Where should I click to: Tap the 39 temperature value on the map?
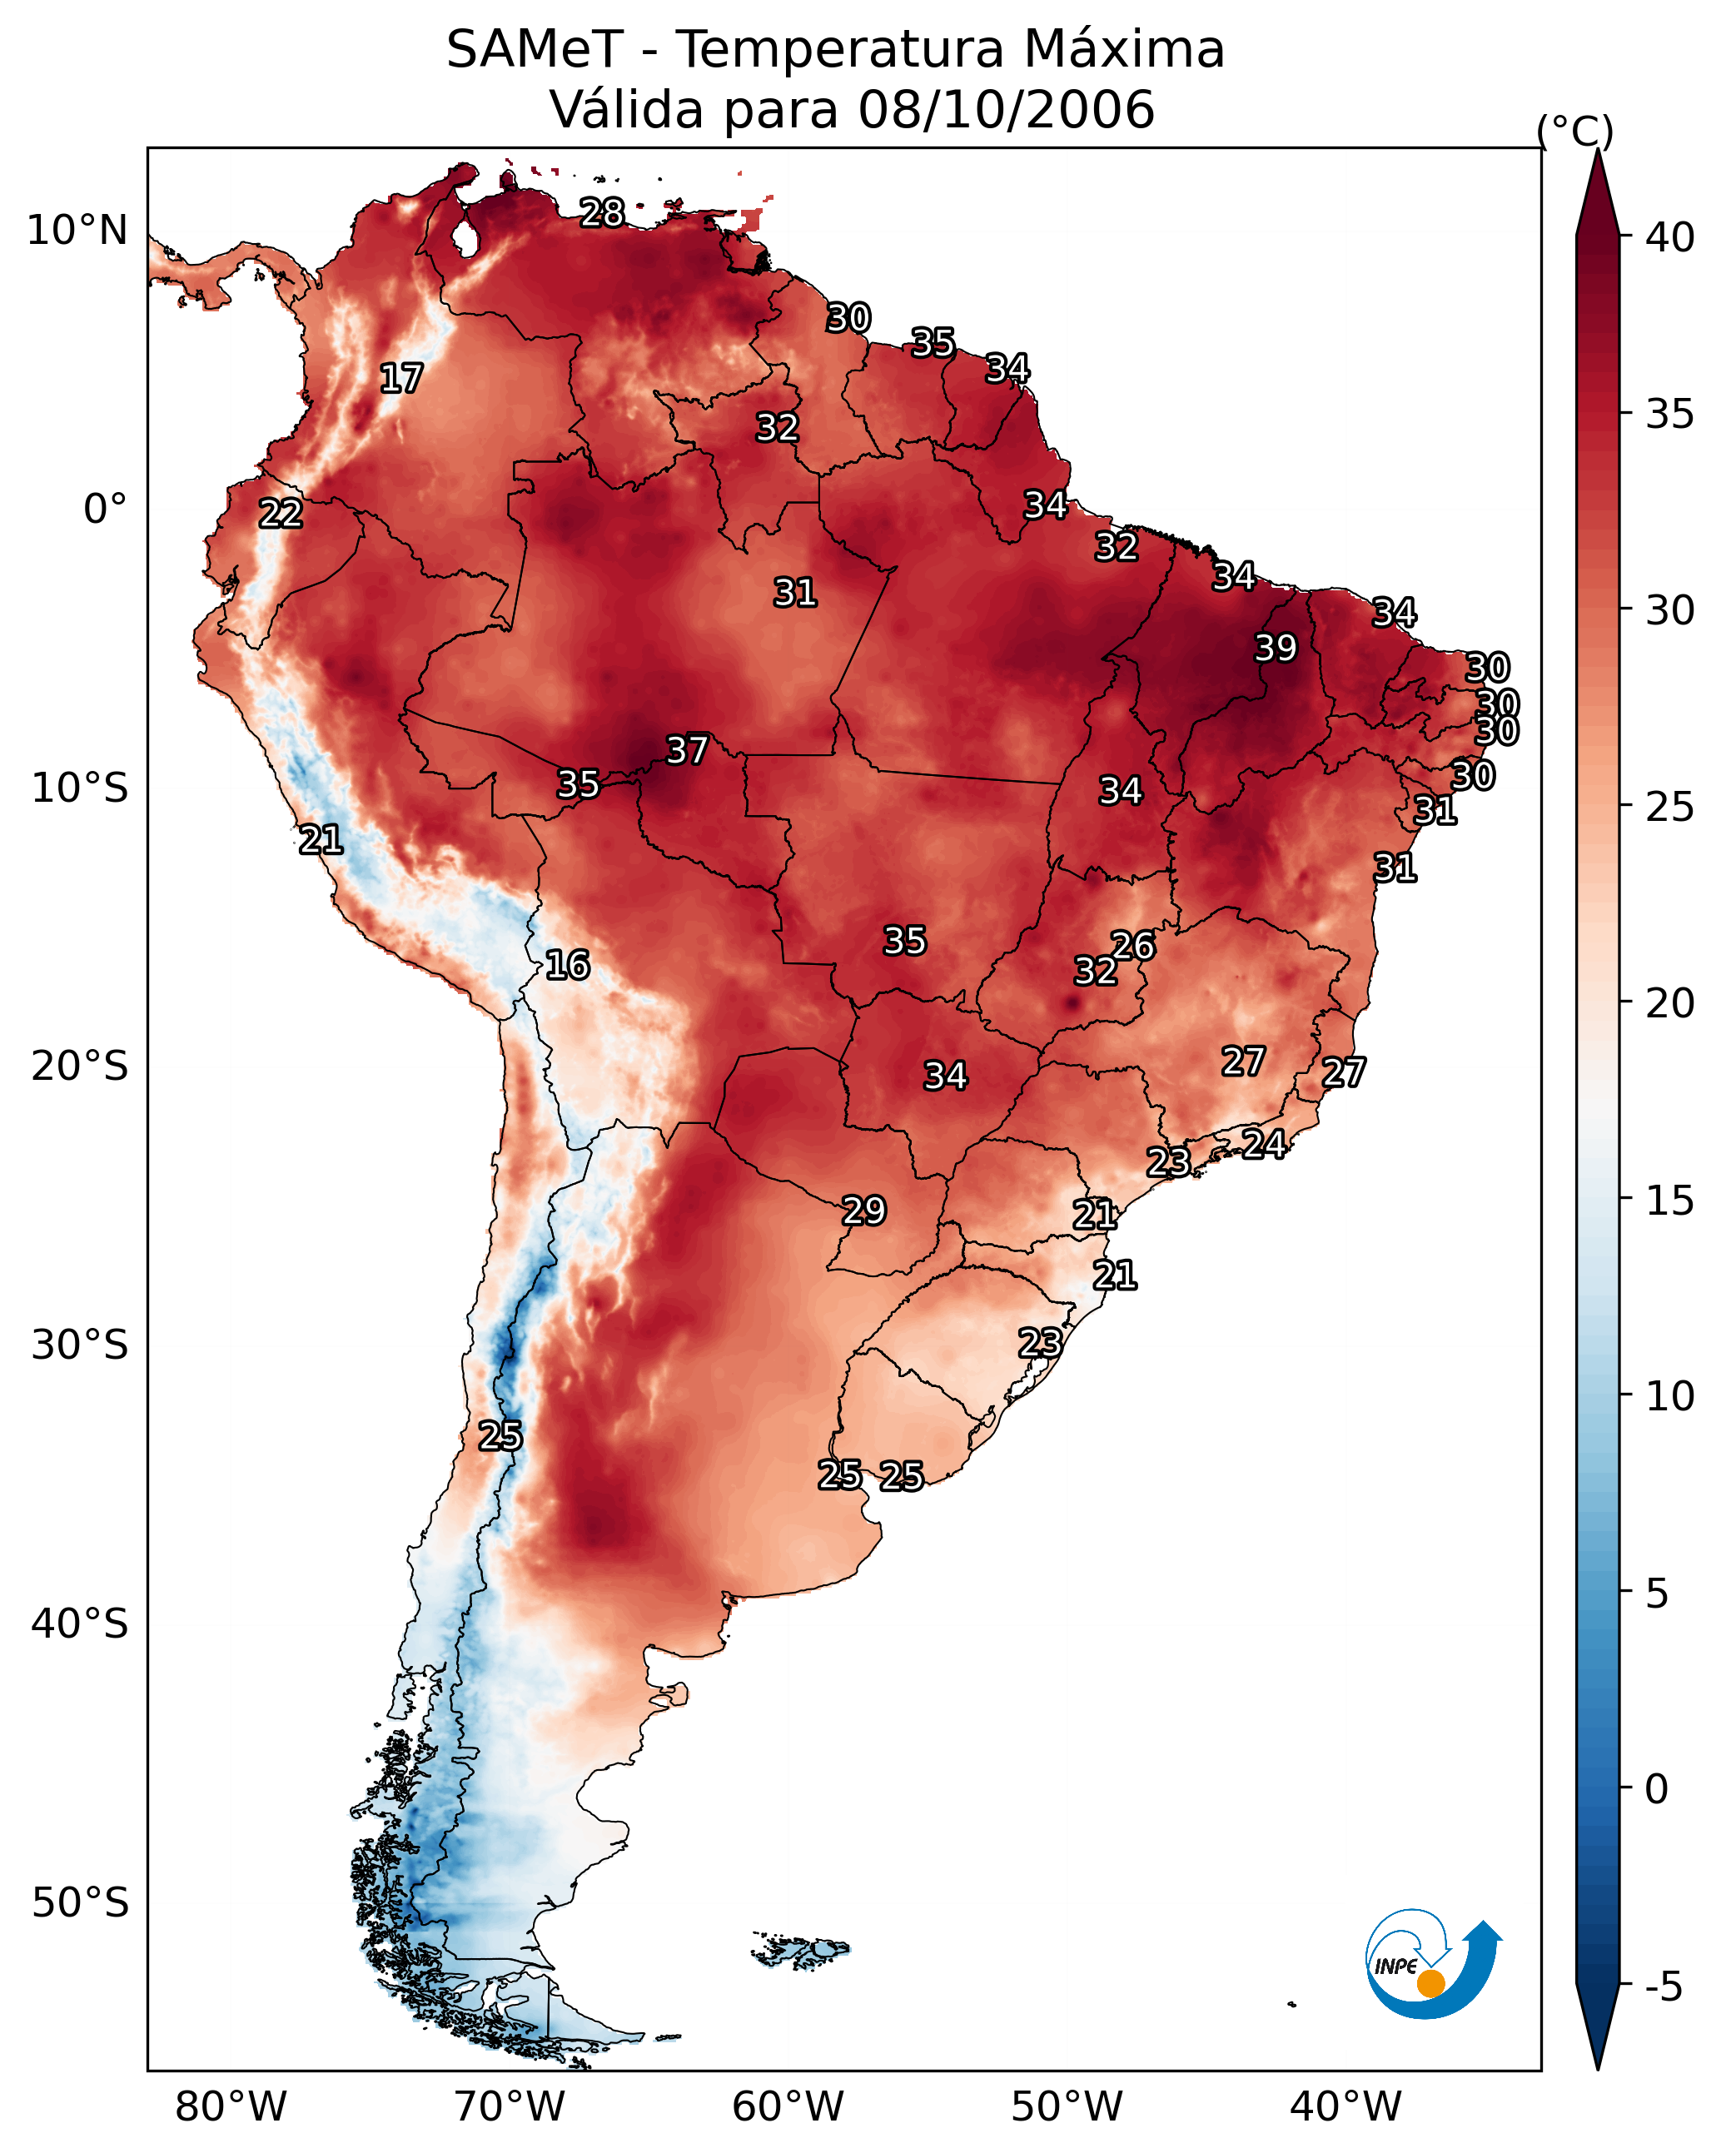tap(1276, 648)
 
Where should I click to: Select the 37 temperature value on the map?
tap(687, 750)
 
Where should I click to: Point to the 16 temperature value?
tap(567, 965)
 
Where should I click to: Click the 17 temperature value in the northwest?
tap(401, 379)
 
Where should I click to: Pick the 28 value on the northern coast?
tap(602, 212)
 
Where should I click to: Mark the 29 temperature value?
tap(864, 1211)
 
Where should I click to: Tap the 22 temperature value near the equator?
tap(281, 514)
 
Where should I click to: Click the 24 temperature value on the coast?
tap(1264, 1143)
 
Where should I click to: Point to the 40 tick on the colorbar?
tap(1669, 237)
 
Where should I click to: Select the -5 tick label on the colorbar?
tap(1663, 1986)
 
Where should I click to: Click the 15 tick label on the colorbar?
tap(1669, 1201)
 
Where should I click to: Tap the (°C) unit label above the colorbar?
tap(1574, 131)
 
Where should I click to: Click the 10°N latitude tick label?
tap(77, 231)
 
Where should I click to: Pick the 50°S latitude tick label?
tap(80, 1903)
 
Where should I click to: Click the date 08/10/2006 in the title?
tap(1006, 109)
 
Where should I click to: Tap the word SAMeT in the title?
tap(535, 50)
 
